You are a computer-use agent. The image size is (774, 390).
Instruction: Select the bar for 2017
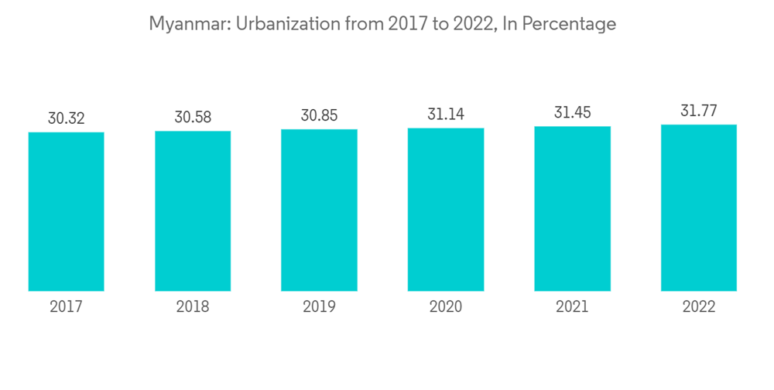(66, 211)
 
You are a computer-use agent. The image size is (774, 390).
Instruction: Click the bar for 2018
(193, 210)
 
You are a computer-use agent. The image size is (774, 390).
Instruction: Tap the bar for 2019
(319, 210)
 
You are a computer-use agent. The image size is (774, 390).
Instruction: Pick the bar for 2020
(446, 209)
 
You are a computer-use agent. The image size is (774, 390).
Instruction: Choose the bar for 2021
(572, 208)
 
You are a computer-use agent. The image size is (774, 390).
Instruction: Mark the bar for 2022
(699, 207)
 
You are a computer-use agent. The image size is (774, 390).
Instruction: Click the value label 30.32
(66, 118)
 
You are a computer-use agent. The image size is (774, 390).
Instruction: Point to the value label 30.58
(193, 118)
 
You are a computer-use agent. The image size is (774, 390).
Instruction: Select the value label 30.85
(319, 116)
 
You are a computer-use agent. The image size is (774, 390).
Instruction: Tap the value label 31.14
(446, 115)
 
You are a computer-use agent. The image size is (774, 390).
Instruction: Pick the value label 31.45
(572, 113)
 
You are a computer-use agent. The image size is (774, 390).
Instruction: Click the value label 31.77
(699, 111)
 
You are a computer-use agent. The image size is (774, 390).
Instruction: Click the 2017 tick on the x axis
(66, 306)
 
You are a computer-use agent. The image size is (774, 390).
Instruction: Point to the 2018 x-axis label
(193, 306)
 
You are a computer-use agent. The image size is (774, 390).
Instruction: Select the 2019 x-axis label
(319, 306)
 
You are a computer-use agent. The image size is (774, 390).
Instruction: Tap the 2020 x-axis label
(446, 306)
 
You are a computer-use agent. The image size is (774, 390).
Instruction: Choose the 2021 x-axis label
(572, 306)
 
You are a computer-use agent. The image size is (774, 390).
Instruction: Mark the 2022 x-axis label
(699, 306)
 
